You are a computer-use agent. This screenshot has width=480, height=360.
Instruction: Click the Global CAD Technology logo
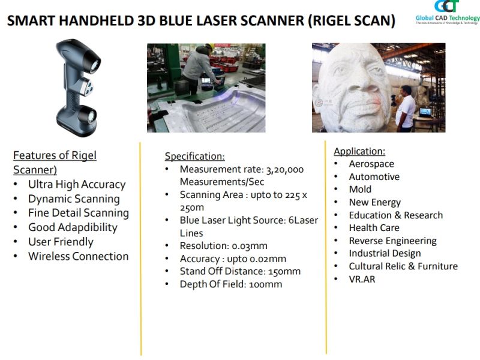(x=447, y=12)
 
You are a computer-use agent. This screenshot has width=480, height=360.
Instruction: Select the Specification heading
(x=194, y=156)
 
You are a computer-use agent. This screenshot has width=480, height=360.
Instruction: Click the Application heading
(x=359, y=151)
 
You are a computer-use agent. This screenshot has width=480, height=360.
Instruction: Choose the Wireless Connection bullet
(x=79, y=256)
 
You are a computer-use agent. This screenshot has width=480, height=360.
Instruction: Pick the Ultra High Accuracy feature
(x=77, y=185)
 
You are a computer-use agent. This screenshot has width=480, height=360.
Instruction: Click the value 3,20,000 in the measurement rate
(x=285, y=170)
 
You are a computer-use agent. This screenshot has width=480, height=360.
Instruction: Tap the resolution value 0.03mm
(x=250, y=246)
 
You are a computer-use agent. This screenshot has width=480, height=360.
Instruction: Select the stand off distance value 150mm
(x=284, y=272)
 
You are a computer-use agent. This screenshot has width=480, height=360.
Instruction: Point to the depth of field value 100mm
(x=265, y=284)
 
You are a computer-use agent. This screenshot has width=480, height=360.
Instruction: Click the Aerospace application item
(x=371, y=164)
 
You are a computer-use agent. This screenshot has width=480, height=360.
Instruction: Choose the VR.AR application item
(x=362, y=279)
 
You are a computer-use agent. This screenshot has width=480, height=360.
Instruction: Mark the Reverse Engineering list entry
(x=393, y=241)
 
